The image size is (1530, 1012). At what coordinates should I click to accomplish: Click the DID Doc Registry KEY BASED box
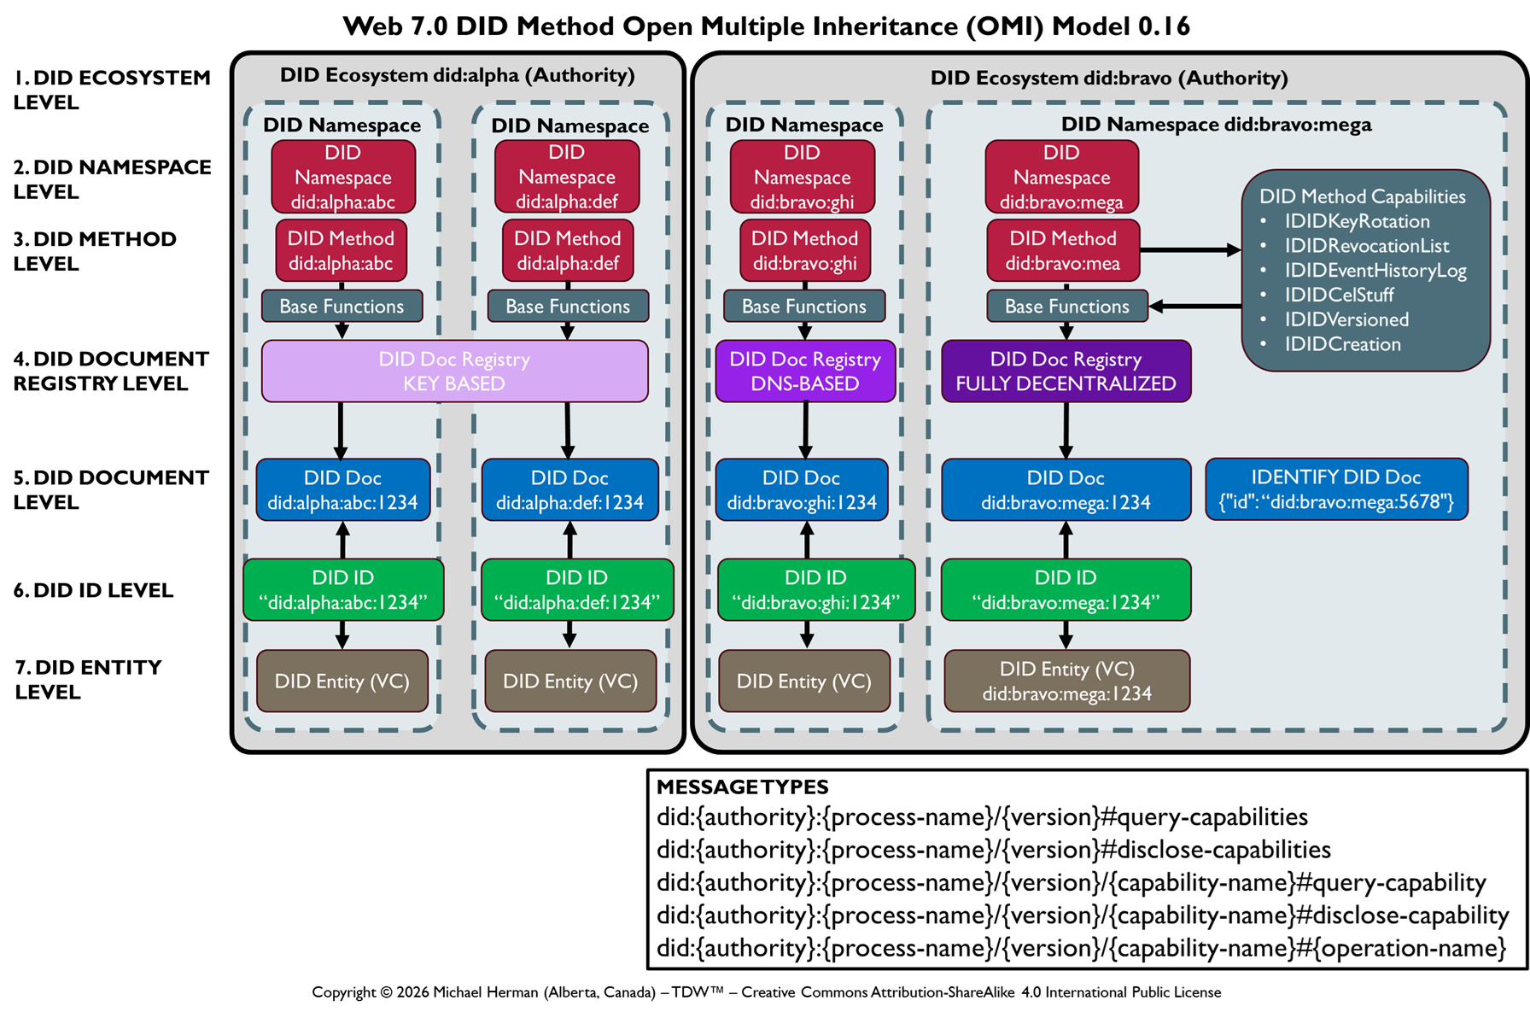[454, 371]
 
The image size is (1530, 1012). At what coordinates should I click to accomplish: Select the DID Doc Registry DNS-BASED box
[805, 371]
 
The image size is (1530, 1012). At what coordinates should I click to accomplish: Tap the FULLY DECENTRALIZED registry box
[1066, 371]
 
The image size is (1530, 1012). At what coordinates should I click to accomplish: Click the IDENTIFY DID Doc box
[1336, 489]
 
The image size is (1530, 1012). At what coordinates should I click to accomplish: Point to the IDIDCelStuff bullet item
[1339, 295]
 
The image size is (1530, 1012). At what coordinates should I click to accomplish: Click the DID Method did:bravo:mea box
[1063, 251]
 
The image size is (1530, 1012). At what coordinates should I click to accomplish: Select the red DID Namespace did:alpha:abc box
[343, 178]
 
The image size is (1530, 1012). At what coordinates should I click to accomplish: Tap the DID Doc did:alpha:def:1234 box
[569, 490]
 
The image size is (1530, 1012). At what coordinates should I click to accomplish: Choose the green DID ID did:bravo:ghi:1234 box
[815, 590]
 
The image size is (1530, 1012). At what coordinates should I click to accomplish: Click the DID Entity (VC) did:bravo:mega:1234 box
[1066, 681]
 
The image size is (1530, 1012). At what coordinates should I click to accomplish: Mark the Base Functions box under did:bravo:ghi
[803, 307]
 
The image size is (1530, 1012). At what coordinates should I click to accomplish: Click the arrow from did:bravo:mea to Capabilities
[1190, 250]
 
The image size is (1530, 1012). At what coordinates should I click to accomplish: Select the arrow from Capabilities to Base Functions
[1195, 306]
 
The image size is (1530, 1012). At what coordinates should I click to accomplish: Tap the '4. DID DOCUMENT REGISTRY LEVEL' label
[111, 371]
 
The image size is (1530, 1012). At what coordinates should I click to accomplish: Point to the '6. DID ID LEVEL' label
[94, 591]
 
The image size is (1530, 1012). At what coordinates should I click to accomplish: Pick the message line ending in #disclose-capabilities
[993, 851]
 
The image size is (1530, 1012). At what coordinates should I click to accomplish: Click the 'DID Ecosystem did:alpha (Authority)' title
[458, 76]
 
